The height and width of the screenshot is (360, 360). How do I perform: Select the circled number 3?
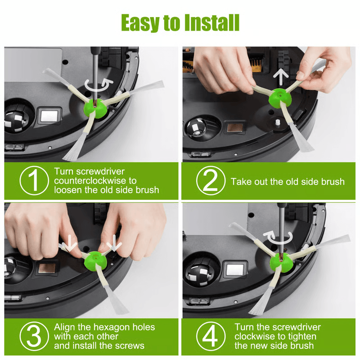click(34, 336)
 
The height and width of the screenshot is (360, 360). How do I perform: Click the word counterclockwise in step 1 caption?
click(95, 180)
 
